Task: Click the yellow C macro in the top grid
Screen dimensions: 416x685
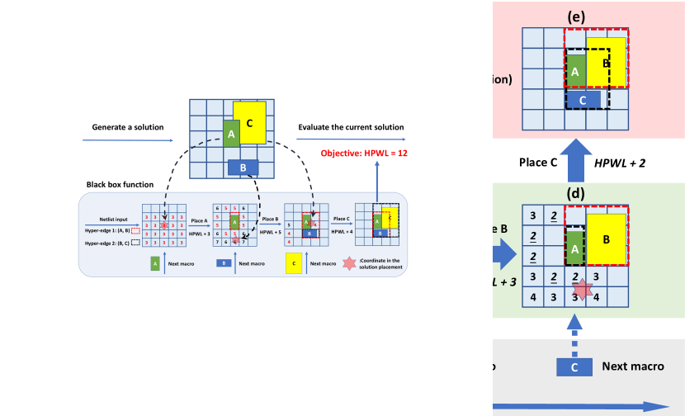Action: click(x=249, y=124)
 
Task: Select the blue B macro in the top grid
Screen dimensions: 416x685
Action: click(x=243, y=168)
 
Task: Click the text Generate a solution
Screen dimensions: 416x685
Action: click(x=128, y=127)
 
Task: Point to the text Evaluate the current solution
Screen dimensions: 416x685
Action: click(x=351, y=127)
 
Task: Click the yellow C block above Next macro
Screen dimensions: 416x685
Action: click(x=293, y=263)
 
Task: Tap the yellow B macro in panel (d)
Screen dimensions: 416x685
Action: click(x=607, y=241)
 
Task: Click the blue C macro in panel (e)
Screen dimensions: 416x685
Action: click(x=583, y=99)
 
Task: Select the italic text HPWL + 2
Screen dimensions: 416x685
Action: click(x=620, y=163)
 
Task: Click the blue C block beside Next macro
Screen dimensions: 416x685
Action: click(x=574, y=366)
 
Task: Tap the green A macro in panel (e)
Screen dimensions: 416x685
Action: click(x=575, y=72)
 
